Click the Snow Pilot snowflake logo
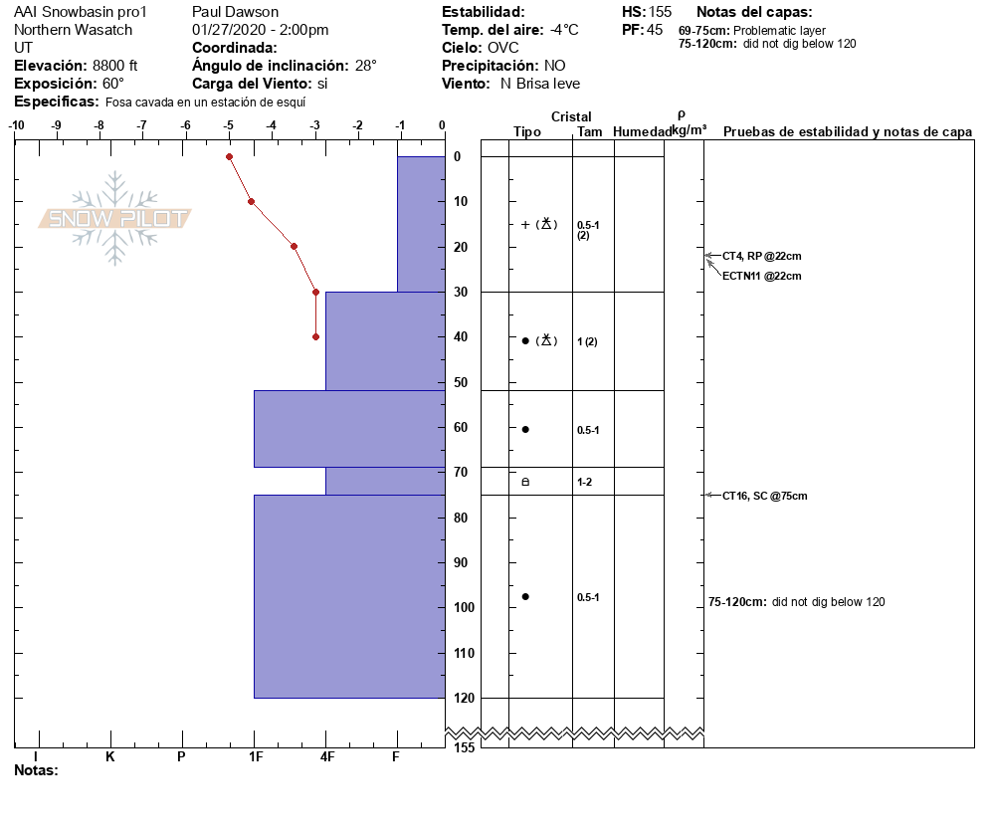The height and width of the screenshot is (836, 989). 115,218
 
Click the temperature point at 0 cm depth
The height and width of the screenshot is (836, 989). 229,156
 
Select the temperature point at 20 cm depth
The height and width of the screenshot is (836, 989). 294,246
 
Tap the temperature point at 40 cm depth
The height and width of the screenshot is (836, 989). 315,336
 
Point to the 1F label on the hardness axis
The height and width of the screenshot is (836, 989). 255,757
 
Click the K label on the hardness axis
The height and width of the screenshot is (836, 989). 110,757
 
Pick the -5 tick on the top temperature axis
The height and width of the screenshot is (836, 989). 229,125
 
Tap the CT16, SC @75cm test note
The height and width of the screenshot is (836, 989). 764,496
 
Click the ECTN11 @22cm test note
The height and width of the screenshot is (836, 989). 761,276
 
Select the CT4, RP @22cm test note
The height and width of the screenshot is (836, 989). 761,256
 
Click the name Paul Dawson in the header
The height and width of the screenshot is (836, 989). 235,12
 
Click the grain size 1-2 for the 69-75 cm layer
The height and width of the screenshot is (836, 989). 586,482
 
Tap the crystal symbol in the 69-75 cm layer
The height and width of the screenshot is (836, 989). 525,482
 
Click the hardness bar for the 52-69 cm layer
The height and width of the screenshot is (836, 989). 348,428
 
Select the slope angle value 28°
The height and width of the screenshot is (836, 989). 366,66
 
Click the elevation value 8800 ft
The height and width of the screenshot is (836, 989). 115,66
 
